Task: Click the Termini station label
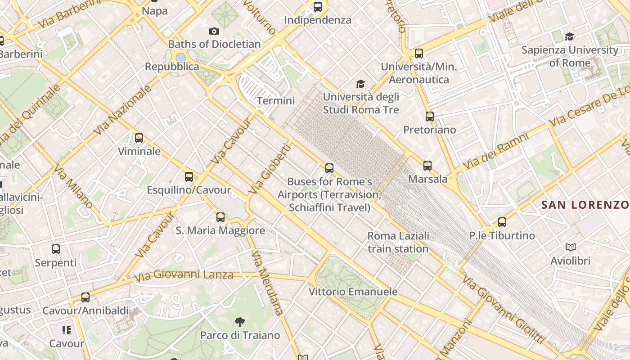pos(275,101)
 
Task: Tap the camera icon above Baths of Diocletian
pos(214,31)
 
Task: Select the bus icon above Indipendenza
pos(318,7)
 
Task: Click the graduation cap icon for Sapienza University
pos(569,36)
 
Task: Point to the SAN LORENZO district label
pos(585,205)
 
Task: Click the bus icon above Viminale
pos(139,138)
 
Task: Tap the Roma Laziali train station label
pos(398,242)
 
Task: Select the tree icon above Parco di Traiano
pos(240,322)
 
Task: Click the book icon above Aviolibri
pos(570,247)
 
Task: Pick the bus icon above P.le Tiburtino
pos(502,222)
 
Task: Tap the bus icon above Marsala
pos(427,166)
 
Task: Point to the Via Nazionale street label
pos(122,111)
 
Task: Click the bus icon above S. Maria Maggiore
pos(220,217)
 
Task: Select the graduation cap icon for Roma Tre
pos(360,84)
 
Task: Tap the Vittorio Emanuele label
pos(353,292)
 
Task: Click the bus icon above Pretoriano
pos(430,117)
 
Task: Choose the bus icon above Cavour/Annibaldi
pos(85,297)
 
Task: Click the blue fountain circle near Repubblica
pos(180,58)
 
